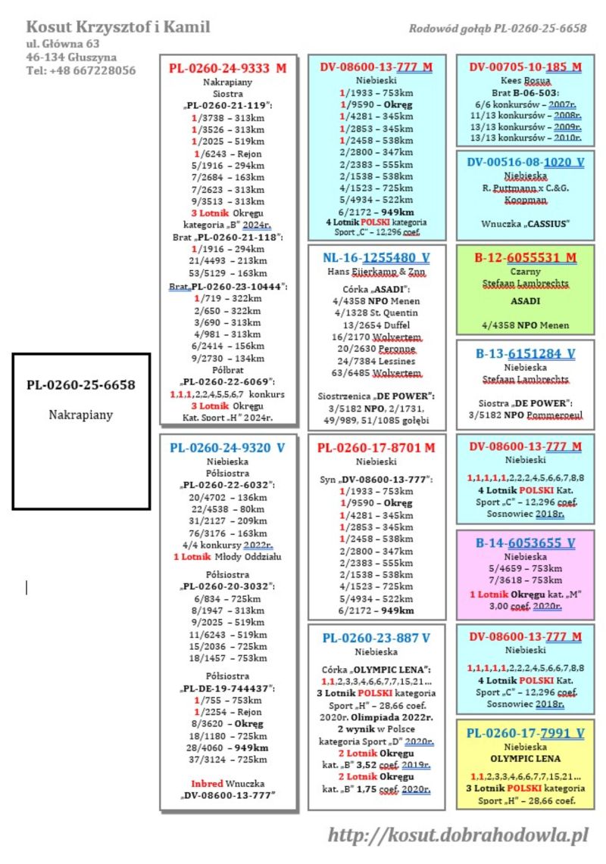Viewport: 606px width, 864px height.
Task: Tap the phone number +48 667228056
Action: (80, 70)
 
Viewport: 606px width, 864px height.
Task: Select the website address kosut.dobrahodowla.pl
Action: (458, 835)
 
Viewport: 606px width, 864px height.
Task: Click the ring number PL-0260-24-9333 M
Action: (227, 68)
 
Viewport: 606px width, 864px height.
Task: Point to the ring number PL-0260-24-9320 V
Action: (227, 447)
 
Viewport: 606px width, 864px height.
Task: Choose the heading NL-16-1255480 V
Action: (376, 258)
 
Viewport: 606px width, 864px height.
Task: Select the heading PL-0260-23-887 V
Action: (376, 637)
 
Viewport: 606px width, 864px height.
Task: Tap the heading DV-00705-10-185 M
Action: (525, 67)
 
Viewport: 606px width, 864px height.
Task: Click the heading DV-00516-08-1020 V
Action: (525, 162)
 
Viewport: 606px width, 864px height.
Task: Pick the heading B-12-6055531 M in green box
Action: (525, 257)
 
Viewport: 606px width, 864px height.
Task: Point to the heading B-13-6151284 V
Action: (525, 353)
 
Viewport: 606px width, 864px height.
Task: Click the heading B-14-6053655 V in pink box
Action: (525, 542)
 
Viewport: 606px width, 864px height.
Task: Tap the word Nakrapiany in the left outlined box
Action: (80, 415)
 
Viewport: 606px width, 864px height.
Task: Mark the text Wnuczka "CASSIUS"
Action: (525, 223)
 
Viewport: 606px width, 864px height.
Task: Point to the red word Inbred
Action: (207, 782)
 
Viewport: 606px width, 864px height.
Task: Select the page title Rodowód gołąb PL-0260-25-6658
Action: (497, 29)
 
